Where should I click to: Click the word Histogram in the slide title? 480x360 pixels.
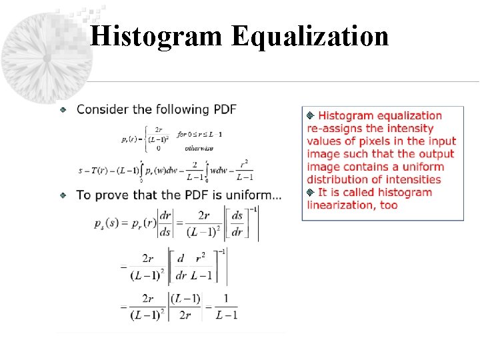coord(156,36)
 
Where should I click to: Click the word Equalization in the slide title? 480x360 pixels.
coord(310,36)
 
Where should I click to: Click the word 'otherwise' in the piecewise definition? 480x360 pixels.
coord(199,148)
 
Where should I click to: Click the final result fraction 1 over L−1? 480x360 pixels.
coord(226,307)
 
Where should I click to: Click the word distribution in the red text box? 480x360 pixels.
coord(337,179)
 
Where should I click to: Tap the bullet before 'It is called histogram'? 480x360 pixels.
coord(310,193)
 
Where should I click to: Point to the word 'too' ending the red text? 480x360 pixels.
coord(389,205)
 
